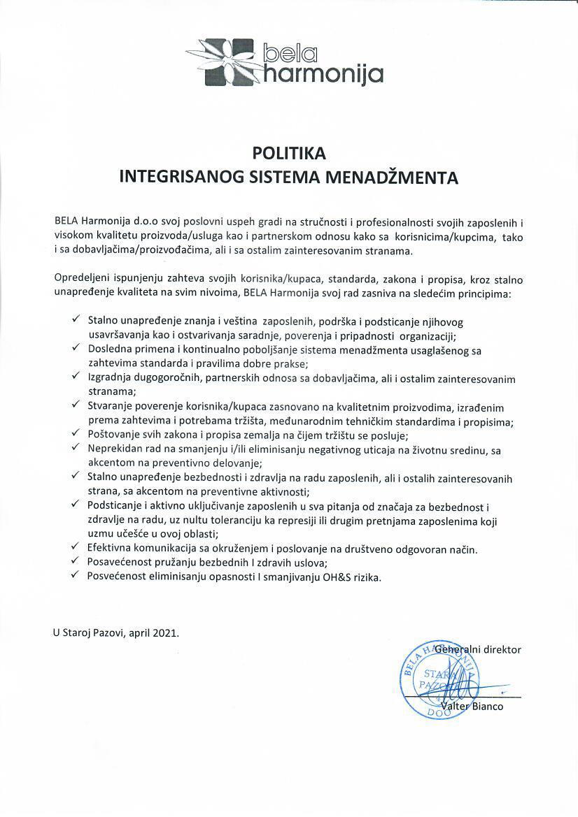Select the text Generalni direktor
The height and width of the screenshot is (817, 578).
click(478, 649)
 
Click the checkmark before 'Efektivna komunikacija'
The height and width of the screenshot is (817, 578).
click(75, 548)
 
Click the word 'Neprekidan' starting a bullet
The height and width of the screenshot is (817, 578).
click(113, 449)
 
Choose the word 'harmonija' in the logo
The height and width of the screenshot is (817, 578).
click(323, 72)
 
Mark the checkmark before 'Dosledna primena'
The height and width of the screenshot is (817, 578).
click(75, 347)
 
